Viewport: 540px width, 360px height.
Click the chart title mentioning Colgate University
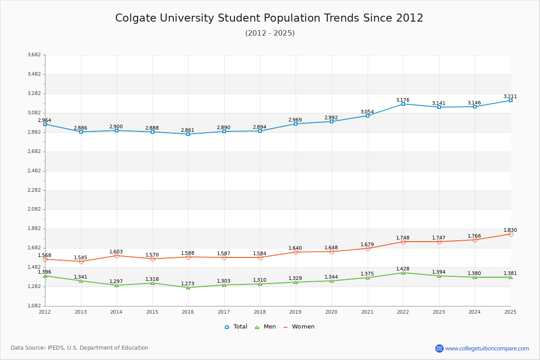269,18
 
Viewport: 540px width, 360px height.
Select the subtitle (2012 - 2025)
270,33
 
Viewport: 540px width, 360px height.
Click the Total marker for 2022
403,104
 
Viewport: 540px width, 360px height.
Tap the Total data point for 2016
188,134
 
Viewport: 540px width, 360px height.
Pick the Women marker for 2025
511,234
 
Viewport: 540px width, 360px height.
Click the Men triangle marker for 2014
117,285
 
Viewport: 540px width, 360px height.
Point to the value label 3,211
510,96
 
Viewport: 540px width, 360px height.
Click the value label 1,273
188,284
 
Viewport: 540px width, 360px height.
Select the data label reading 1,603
116,252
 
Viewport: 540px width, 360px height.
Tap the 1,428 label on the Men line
403,269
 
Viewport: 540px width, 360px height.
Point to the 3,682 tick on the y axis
34,55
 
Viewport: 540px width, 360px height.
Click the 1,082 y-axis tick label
34,306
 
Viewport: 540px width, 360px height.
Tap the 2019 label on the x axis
295,312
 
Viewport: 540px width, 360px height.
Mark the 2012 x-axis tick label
45,312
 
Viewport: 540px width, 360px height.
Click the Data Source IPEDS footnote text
80,348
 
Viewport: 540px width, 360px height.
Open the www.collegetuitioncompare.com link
487,348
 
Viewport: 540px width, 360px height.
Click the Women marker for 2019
296,252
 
